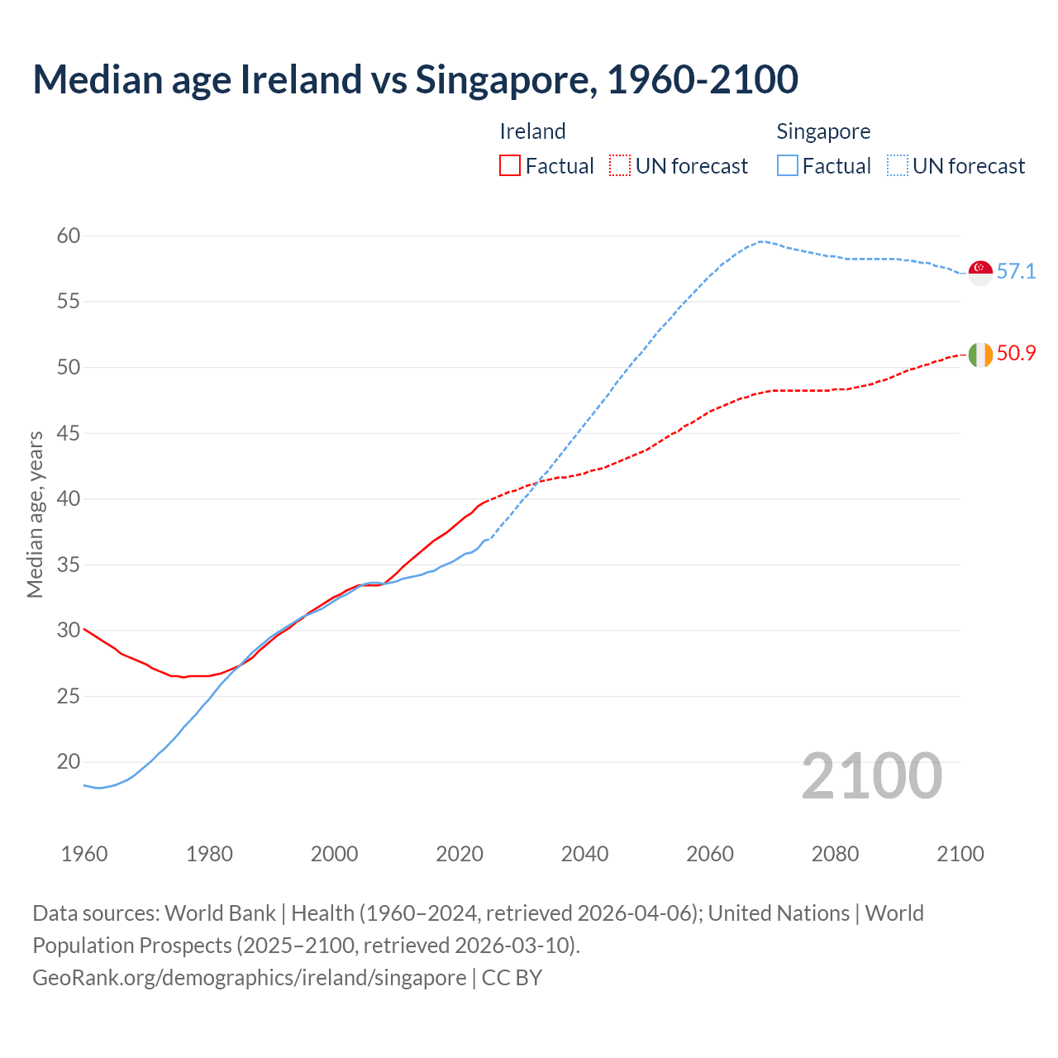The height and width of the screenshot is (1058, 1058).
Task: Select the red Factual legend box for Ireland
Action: (510, 165)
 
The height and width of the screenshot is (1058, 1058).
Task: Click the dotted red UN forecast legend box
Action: (620, 165)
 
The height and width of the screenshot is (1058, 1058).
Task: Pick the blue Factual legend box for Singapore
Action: (788, 165)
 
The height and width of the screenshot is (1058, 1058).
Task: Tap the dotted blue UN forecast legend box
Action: (897, 165)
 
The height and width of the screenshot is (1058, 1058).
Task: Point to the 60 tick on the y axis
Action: (69, 236)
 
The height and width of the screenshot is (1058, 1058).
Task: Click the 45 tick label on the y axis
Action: (69, 433)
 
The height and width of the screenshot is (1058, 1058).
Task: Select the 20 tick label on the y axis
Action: (69, 762)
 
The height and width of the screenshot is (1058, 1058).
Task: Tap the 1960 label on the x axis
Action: (84, 854)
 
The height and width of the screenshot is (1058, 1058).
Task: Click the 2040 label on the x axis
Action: (584, 854)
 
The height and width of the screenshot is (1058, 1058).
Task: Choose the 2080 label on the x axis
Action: (835, 854)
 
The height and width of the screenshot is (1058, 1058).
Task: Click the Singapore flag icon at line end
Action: (980, 272)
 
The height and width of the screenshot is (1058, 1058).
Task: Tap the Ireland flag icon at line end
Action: (980, 354)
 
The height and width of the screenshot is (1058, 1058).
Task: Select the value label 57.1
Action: (1016, 272)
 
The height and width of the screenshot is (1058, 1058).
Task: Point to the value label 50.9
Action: (1016, 354)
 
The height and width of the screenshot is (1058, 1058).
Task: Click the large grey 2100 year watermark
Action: (872, 776)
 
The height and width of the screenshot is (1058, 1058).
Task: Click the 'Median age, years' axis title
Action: (35, 514)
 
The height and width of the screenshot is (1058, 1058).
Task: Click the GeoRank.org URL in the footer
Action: (249, 978)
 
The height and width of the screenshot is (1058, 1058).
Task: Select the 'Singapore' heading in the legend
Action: (823, 131)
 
